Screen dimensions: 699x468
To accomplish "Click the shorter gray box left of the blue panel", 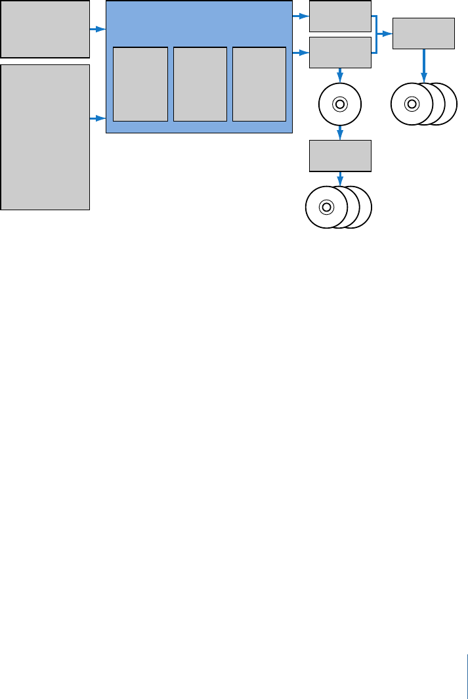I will (x=45, y=29).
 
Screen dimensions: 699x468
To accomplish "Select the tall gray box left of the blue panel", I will (x=45, y=137).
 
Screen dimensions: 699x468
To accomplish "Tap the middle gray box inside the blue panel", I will (x=200, y=84).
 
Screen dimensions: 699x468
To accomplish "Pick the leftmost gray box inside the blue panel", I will (x=140, y=84).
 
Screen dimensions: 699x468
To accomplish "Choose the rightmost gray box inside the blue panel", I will (x=259, y=84).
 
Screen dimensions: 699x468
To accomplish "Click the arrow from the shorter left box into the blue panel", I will (x=98, y=30).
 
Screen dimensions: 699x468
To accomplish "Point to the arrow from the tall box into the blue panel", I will (x=98, y=118).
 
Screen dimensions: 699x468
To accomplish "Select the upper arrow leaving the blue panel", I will (x=301, y=14).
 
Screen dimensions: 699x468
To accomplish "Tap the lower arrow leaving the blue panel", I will (x=301, y=51).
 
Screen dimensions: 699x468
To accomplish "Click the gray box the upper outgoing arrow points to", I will (x=340, y=16).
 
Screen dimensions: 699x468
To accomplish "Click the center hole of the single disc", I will (x=339, y=104).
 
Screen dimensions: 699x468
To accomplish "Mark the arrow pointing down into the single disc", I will (x=339, y=75).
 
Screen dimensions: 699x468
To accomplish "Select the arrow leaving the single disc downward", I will (x=339, y=133).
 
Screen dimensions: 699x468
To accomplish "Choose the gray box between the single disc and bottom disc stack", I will (x=340, y=156).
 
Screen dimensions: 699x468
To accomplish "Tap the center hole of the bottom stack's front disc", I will (x=326, y=207).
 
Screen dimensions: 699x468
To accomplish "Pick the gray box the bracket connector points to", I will (x=423, y=33).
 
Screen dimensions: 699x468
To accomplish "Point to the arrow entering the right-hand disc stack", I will (x=423, y=66).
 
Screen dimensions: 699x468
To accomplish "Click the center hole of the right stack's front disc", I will (x=412, y=103).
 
